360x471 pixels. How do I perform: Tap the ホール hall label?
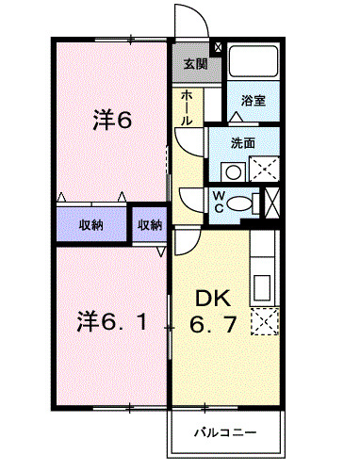pos(187,108)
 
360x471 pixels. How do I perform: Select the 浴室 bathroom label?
pos(253,100)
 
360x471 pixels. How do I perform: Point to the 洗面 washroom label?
pos(244,144)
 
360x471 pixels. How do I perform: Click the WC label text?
pos(218,202)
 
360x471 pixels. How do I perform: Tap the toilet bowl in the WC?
pos(242,202)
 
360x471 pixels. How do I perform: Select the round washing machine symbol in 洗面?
pos(232,171)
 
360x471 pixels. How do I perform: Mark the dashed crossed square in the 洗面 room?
pos(263,170)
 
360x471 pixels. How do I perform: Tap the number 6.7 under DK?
pos(216,327)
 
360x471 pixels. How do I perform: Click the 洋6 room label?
pos(111,121)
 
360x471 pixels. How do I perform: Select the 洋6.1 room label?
pos(109,321)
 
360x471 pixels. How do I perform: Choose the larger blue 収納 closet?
pos(91,224)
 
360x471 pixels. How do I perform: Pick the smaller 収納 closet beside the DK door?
pos(150,224)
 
